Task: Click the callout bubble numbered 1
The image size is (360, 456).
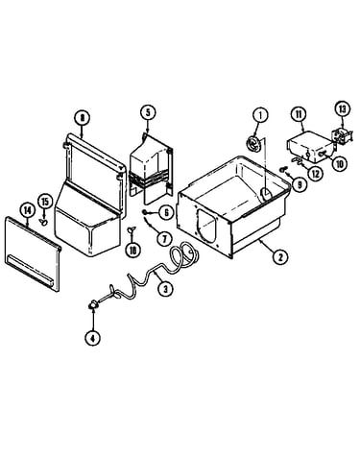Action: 260,115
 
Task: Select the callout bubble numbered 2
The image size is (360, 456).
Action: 280,256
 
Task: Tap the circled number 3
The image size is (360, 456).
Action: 165,289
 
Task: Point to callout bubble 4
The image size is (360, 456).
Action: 93,338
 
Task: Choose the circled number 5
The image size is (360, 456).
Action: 148,112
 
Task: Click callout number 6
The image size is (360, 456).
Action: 166,212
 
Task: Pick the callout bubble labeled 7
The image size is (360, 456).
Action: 164,238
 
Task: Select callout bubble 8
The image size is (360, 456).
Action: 83,118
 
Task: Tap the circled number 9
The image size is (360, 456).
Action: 300,185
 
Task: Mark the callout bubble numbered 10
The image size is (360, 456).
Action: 340,163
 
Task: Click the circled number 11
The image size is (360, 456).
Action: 299,114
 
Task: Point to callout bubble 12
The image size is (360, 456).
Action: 316,174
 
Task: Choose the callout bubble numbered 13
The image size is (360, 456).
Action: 343,108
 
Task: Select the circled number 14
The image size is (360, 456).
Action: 28,210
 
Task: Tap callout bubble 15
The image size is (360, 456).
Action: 45,203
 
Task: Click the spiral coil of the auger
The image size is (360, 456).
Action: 184,256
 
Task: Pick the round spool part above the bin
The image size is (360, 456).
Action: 254,143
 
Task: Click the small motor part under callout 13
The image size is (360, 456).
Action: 343,135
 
